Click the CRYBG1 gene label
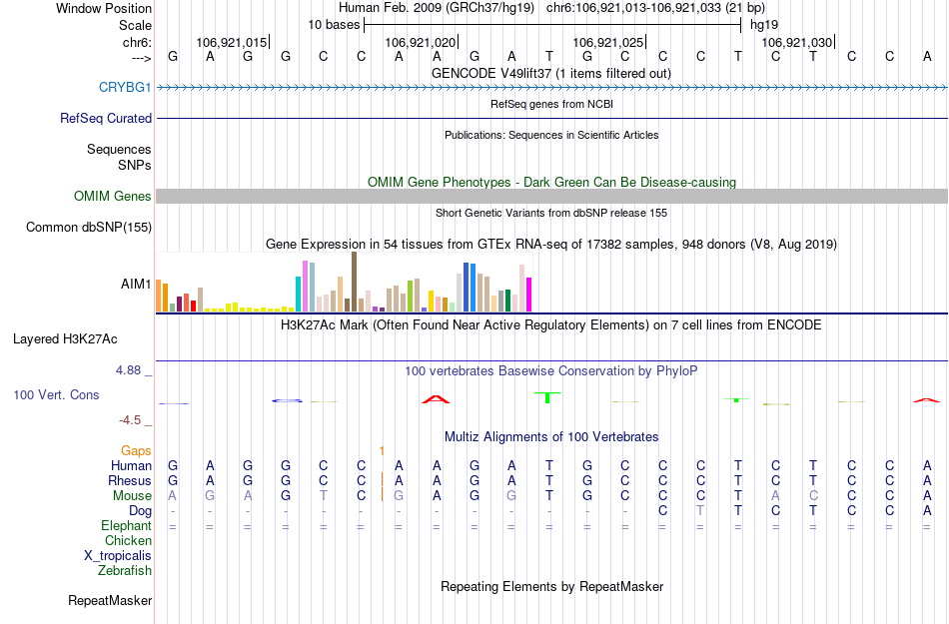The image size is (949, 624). (125, 88)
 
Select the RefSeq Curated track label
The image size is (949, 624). (106, 118)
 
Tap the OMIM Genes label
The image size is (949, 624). (112, 197)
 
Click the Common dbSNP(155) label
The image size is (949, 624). (89, 228)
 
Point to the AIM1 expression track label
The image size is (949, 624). (136, 285)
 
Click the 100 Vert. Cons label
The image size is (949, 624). (56, 395)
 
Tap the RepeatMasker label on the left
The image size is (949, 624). (110, 601)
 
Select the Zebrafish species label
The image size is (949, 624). (125, 571)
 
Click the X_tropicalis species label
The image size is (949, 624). (118, 556)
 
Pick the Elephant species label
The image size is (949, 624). (126, 526)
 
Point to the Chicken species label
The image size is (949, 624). (128, 541)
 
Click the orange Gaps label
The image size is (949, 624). (136, 451)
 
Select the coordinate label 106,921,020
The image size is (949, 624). (420, 42)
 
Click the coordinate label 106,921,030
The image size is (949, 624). (796, 42)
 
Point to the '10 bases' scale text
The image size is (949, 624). (334, 24)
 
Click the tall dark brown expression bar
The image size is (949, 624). (354, 282)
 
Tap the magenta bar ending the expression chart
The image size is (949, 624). (529, 294)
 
